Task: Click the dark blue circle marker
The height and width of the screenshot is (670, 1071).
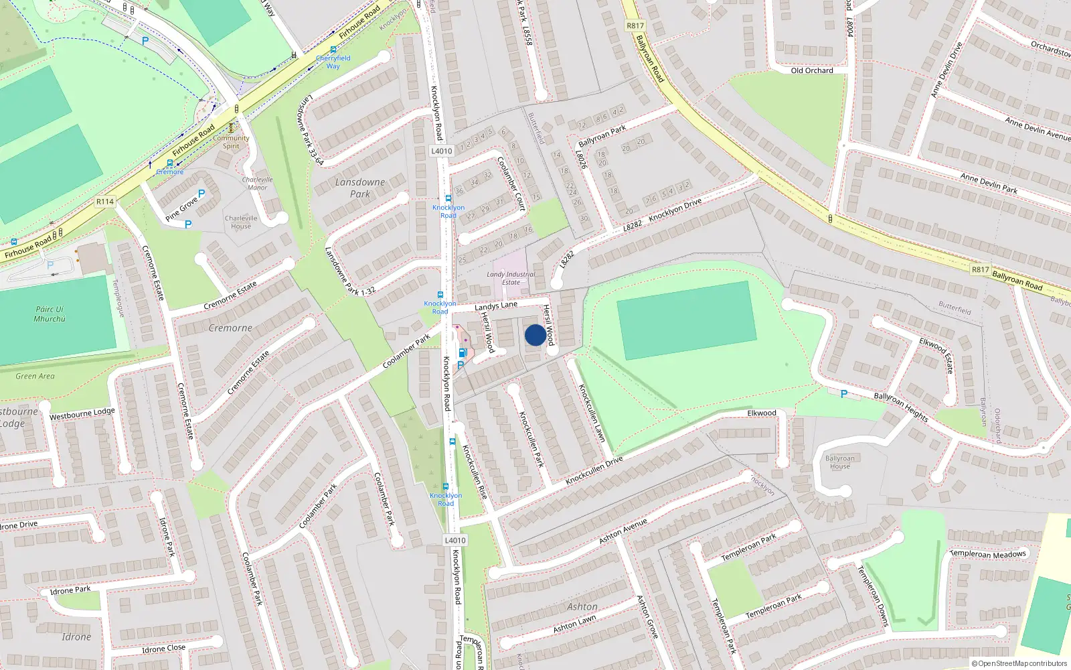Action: click(535, 335)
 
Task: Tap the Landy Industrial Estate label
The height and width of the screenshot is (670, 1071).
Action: click(511, 278)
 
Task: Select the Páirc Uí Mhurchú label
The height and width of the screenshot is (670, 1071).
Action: click(50, 314)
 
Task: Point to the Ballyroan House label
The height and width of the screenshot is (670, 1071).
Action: click(839, 462)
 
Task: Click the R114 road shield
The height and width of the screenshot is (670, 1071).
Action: click(105, 201)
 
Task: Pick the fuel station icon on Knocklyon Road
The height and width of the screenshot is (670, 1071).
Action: click(462, 353)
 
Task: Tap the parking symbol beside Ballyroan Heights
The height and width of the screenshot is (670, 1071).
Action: click(843, 395)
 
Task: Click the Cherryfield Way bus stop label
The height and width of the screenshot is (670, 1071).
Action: click(333, 62)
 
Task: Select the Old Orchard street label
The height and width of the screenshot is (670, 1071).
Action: click(812, 70)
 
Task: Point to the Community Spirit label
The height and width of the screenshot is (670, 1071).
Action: click(231, 142)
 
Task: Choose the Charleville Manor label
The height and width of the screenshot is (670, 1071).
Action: click(257, 184)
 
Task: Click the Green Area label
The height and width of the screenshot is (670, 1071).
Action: click(35, 376)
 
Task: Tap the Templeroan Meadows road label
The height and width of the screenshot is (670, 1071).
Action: click(988, 554)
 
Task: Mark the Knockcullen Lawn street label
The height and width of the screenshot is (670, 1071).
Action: click(592, 413)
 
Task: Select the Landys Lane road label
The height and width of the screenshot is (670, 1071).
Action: click(496, 306)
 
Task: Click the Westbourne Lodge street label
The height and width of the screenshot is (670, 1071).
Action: click(82, 414)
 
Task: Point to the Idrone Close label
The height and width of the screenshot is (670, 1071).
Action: click(163, 649)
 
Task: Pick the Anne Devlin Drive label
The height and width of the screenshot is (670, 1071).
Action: click(946, 70)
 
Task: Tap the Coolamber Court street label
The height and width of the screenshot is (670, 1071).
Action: click(510, 184)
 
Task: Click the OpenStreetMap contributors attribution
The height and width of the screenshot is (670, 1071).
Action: click(1019, 663)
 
